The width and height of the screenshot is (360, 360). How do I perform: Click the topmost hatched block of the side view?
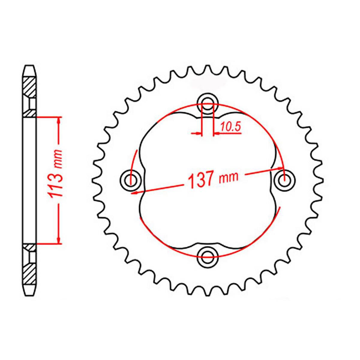[x=30, y=87]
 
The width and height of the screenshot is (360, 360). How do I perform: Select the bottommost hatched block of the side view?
[x=30, y=273]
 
